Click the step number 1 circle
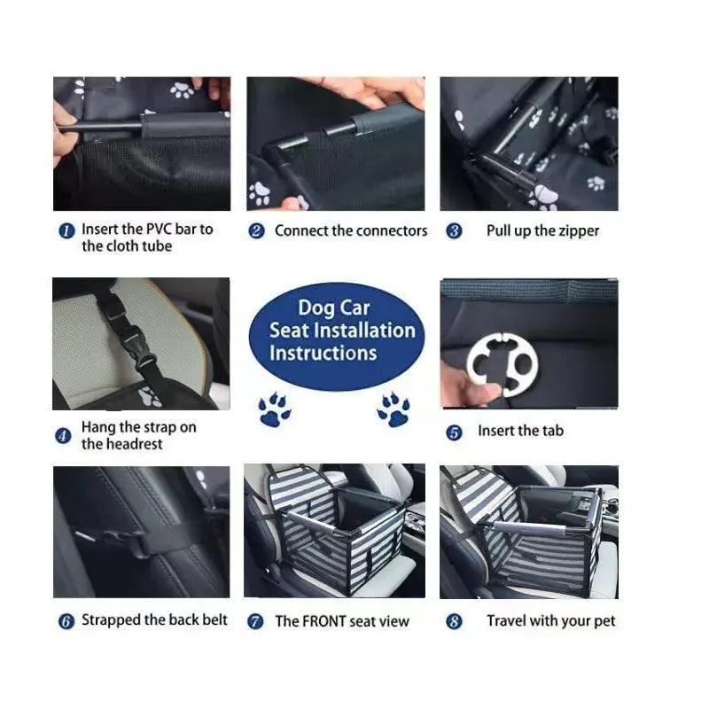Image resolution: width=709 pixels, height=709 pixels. click(x=66, y=230)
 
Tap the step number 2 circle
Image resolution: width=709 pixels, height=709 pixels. click(x=256, y=231)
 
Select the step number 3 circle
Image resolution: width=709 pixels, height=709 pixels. click(x=454, y=231)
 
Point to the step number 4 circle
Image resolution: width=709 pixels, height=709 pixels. click(x=63, y=436)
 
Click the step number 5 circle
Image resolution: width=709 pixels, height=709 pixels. click(x=454, y=432)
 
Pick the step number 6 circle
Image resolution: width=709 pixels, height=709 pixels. click(x=66, y=621)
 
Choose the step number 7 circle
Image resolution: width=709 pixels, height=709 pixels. click(x=256, y=622)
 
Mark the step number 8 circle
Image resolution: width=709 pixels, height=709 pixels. click(x=454, y=622)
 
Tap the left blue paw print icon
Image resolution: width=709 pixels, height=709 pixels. click(x=275, y=410)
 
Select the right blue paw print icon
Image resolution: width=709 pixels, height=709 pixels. click(x=393, y=409)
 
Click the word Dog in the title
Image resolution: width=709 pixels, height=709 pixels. click(x=316, y=308)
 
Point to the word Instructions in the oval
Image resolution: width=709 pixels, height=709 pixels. click(x=323, y=353)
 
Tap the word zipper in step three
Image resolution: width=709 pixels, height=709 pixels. click(x=578, y=230)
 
